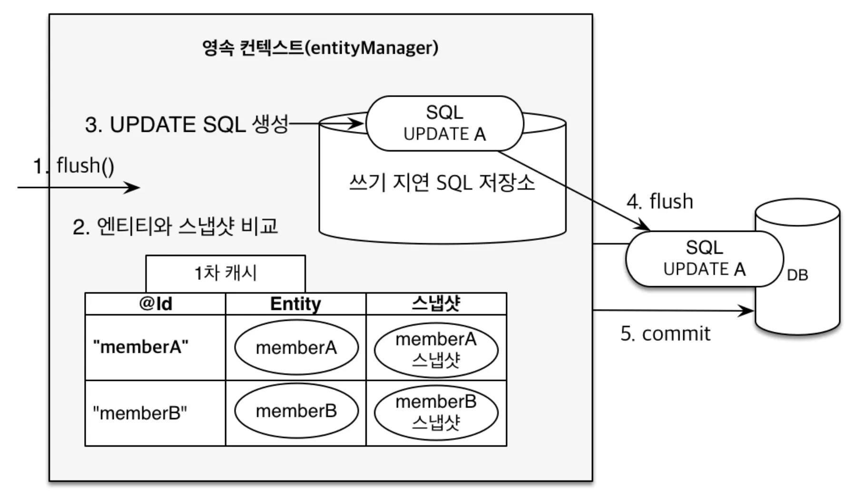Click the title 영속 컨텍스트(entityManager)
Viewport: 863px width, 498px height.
[x=320, y=48]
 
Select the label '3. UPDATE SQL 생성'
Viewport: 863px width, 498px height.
[x=187, y=125]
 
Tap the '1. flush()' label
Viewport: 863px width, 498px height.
[x=74, y=166]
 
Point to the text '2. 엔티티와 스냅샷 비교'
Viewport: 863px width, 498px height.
[x=175, y=226]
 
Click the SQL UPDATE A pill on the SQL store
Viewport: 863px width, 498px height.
[x=444, y=123]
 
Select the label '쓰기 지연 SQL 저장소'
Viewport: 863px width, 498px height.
[x=442, y=183]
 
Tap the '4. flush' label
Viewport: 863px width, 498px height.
[x=660, y=201]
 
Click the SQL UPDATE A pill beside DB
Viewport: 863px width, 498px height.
[x=704, y=259]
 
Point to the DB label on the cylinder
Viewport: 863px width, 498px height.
[x=797, y=275]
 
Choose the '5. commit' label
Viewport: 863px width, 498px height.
[x=665, y=334]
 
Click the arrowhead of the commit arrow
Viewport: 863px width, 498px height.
[x=747, y=311]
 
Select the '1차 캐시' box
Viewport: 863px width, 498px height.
[x=226, y=274]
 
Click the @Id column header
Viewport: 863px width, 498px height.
[x=155, y=304]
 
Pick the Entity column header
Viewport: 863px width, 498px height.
[x=295, y=304]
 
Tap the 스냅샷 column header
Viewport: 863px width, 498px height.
[x=436, y=304]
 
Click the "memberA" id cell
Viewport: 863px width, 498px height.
[x=155, y=348]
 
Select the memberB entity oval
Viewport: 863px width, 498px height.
[x=296, y=411]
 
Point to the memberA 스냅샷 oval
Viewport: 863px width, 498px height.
[x=436, y=349]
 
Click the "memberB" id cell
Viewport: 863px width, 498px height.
[x=155, y=413]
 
